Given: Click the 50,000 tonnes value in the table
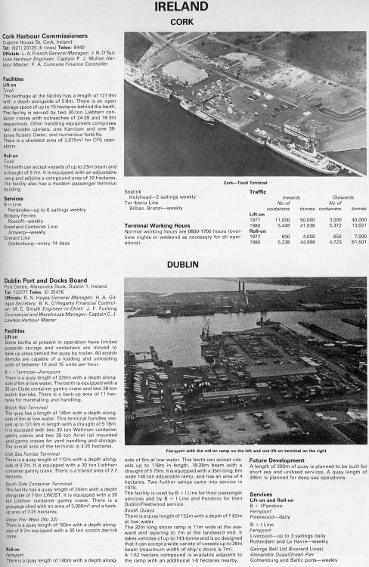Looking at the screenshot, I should tap(307, 218).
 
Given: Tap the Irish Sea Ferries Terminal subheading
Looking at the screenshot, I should tap(34, 443).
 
